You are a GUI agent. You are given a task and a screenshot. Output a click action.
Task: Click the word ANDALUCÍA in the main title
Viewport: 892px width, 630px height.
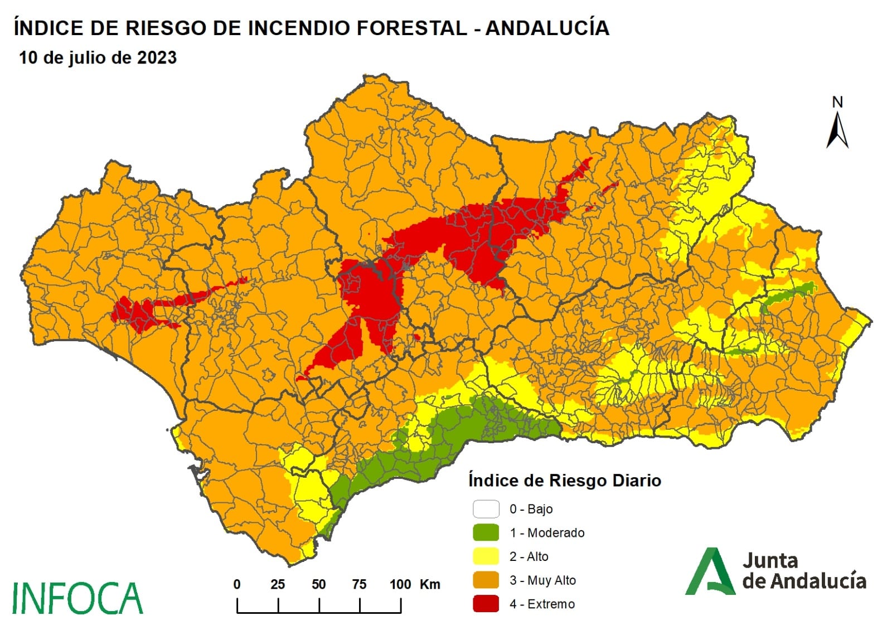[x=547, y=28]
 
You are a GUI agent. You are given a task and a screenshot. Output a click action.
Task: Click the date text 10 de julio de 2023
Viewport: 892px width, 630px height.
[x=98, y=57]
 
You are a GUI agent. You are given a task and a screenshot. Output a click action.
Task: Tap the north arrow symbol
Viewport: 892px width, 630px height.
[x=837, y=131]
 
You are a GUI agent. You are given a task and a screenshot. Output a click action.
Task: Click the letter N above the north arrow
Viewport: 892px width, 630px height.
[x=837, y=103]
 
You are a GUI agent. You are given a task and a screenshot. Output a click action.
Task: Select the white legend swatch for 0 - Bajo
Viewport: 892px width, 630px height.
[x=486, y=509]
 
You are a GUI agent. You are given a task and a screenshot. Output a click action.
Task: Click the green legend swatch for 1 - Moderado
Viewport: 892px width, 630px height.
[x=486, y=532]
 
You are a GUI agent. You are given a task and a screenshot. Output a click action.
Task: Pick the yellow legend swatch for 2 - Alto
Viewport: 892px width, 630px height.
[x=486, y=556]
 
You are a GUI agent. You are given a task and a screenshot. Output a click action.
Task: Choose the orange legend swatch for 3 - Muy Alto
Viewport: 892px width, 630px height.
[x=486, y=580]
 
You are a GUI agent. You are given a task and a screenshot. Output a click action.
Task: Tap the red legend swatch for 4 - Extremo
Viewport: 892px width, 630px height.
[x=486, y=604]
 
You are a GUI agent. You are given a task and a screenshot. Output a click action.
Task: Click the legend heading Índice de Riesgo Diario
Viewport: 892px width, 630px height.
[x=564, y=481]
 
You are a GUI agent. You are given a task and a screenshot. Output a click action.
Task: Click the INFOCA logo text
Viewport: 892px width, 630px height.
[x=77, y=598]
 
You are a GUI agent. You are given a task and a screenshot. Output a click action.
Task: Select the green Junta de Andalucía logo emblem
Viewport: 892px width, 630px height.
[x=709, y=572]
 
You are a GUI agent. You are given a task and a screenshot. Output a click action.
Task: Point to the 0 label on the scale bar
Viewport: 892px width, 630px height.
[x=237, y=584]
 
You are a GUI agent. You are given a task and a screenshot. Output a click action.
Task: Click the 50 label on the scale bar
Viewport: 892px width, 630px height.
[x=318, y=584]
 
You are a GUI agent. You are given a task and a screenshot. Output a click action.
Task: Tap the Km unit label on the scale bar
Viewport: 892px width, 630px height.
[x=429, y=584]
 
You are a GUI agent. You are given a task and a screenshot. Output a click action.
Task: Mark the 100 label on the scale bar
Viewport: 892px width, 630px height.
[x=400, y=584]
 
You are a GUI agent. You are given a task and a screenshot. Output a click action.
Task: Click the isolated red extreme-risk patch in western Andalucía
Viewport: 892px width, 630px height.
[x=139, y=315]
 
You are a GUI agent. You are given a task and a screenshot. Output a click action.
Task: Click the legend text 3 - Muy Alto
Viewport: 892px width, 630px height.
[x=542, y=580]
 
